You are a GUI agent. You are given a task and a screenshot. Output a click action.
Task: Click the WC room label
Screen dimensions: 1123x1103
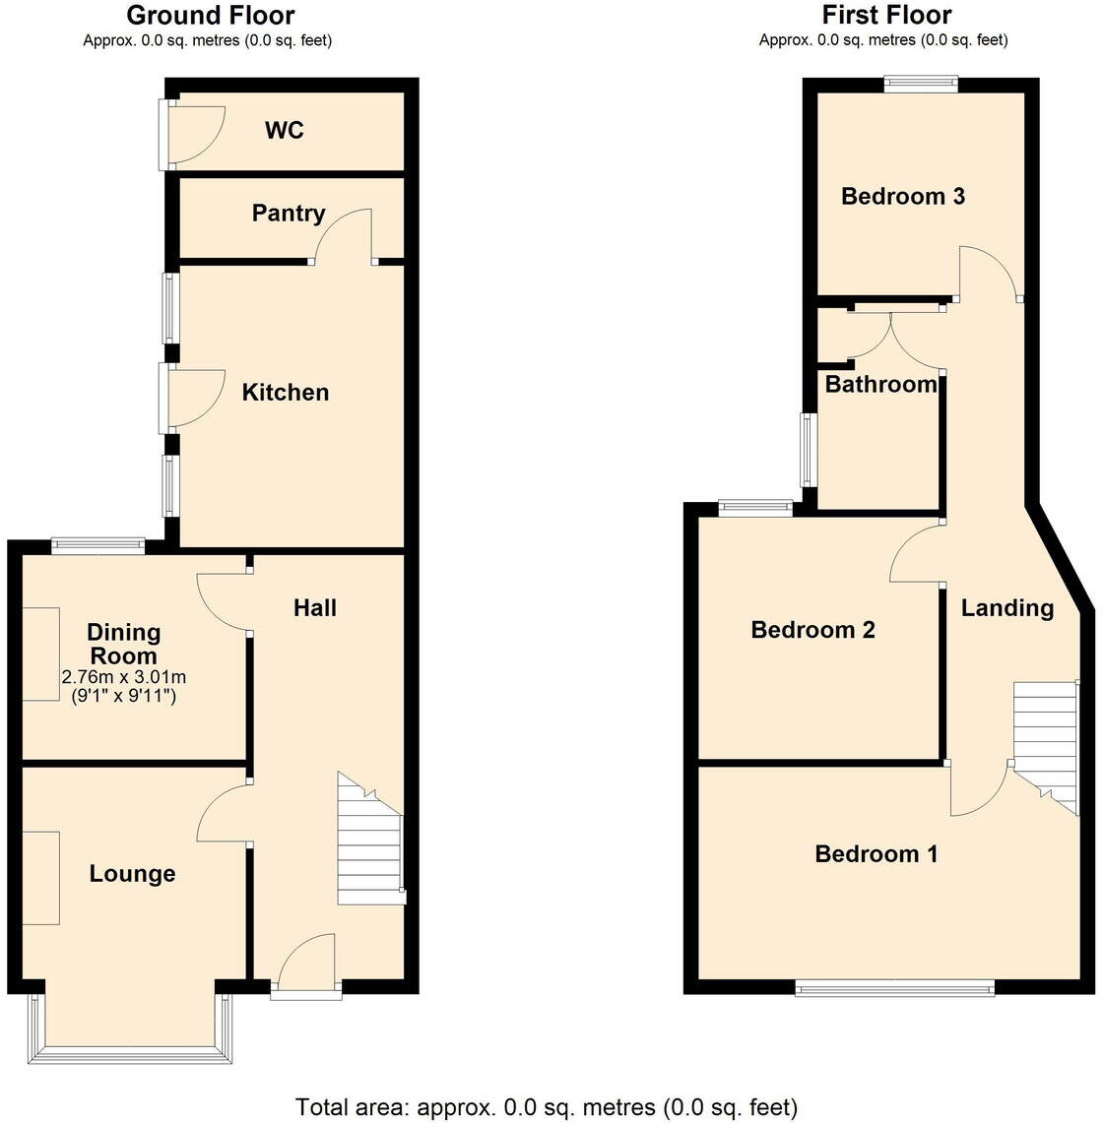(284, 130)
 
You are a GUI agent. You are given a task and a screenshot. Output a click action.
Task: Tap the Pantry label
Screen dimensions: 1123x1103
(288, 213)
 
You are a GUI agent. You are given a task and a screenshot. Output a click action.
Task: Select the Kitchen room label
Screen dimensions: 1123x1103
(286, 393)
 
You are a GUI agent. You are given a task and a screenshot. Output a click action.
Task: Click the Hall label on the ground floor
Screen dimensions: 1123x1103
(315, 608)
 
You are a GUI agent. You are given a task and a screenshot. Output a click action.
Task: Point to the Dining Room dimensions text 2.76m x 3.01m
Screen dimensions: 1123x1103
(124, 677)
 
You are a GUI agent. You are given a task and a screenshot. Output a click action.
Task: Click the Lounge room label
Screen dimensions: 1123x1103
(132, 874)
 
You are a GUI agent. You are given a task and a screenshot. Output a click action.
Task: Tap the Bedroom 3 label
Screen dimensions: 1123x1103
(902, 197)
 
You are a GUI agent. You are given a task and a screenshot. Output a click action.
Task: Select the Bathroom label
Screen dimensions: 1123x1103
(880, 384)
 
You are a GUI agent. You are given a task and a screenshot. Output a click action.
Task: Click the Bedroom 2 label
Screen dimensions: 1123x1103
(812, 630)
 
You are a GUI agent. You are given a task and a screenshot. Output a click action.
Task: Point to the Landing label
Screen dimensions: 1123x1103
(1006, 608)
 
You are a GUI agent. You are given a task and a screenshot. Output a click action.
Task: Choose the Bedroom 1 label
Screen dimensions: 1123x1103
(876, 854)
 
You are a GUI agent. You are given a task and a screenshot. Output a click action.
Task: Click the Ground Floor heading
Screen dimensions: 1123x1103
(211, 16)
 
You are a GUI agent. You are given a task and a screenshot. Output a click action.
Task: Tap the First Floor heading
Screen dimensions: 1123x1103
(886, 16)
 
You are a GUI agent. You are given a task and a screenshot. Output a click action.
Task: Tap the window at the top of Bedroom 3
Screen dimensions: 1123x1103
(921, 85)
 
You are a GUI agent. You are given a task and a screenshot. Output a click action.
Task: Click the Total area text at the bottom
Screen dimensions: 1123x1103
(547, 1106)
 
